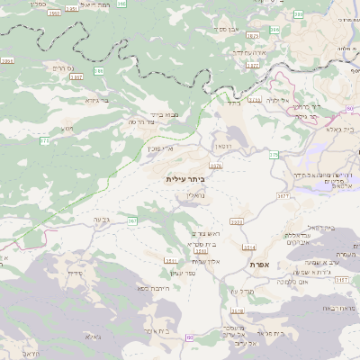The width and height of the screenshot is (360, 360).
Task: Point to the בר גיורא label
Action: (x=96, y=100)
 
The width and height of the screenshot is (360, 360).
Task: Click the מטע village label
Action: (x=66, y=129)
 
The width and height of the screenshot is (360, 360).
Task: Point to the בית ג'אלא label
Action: (x=346, y=129)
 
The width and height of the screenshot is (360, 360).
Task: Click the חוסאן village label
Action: (x=222, y=144)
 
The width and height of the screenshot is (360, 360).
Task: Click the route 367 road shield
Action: (x=131, y=220)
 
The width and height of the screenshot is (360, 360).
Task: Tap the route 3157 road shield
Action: (x=341, y=280)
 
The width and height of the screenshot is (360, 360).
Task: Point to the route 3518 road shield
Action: (x=237, y=311)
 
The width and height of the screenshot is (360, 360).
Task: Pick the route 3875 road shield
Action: (x=252, y=36)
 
